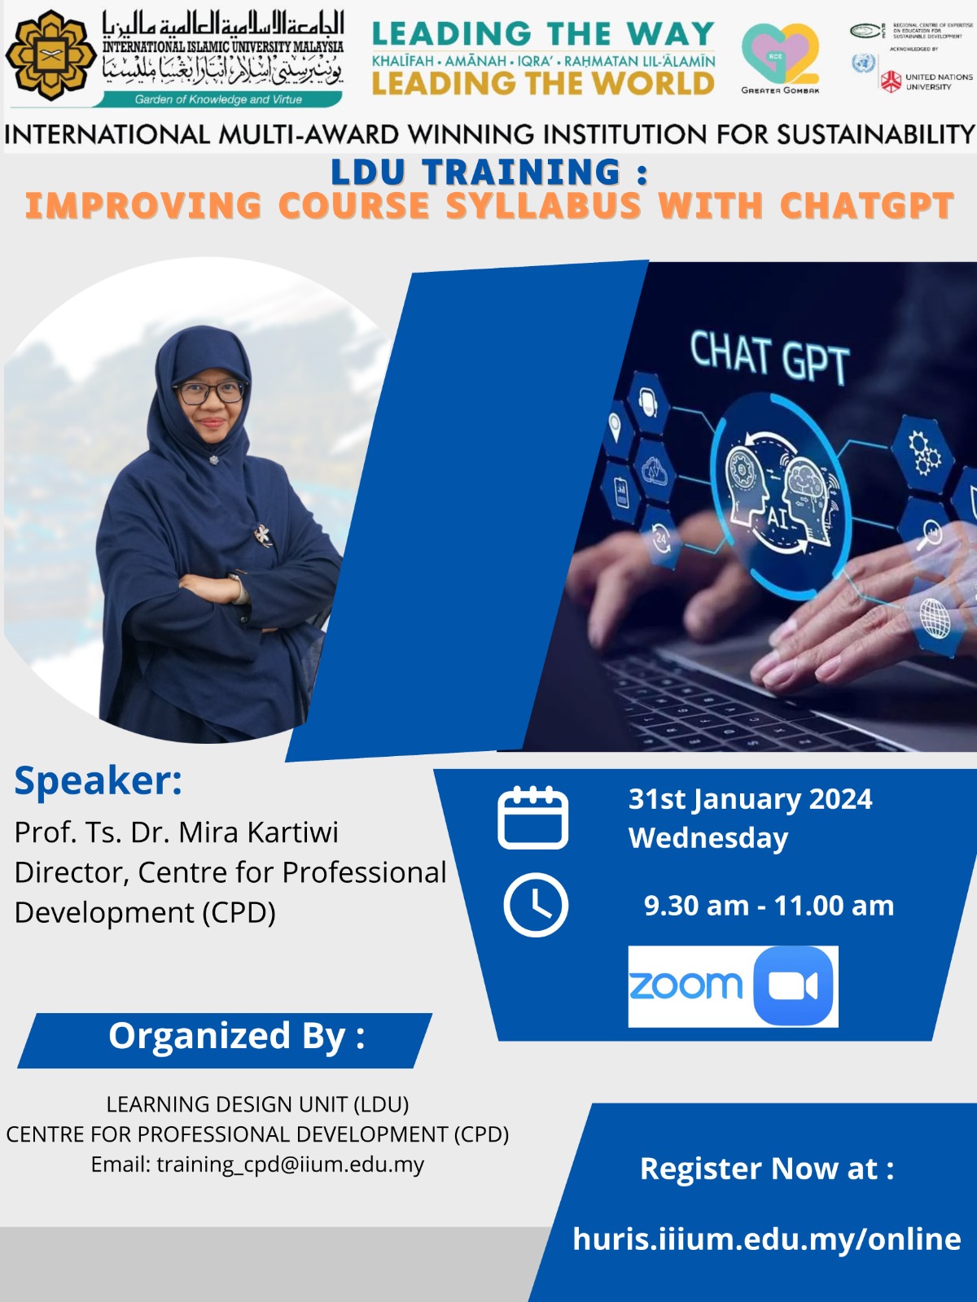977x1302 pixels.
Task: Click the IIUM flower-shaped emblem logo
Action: pos(50,55)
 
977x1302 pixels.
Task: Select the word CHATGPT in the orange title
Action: pos(866,206)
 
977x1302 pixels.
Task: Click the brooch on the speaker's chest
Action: pos(262,534)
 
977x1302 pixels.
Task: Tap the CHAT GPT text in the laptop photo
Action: pos(769,356)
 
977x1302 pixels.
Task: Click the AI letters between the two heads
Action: pos(778,516)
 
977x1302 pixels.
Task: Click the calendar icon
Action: pos(532,818)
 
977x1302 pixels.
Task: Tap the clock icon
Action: pos(535,905)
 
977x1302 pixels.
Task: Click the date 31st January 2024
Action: pos(750,799)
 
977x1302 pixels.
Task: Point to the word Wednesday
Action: pos(708,838)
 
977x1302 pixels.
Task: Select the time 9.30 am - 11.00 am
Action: pos(769,906)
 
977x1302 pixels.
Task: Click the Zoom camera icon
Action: pos(793,986)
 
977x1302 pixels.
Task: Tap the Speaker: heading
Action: pos(98,781)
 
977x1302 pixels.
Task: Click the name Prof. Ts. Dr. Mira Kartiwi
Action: pos(176,832)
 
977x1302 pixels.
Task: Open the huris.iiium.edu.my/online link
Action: pos(766,1239)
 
